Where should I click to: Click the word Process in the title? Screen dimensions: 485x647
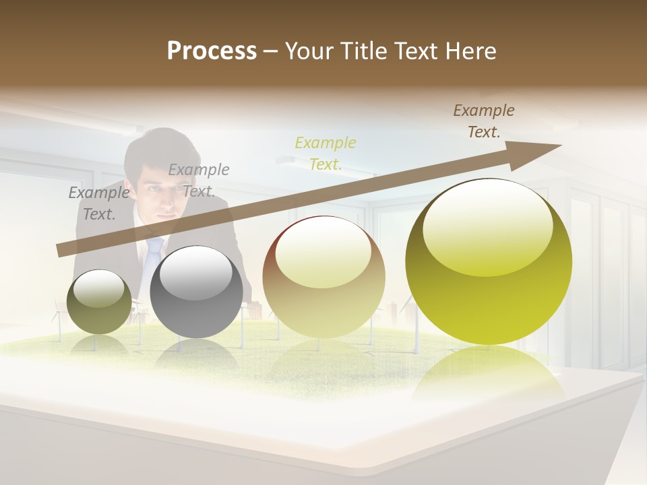212,51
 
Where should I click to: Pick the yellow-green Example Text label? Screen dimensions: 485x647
326,153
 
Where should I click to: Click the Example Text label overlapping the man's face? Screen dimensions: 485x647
199,180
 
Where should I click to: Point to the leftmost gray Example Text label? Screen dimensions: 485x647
98,203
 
